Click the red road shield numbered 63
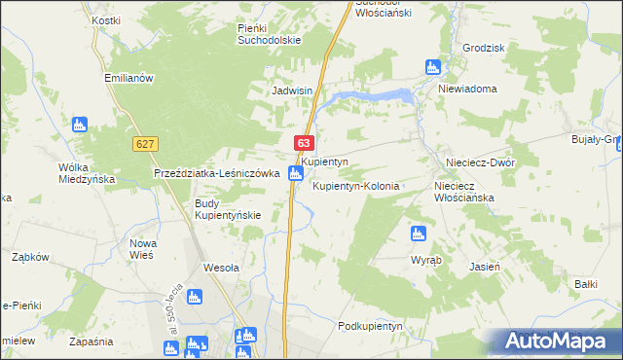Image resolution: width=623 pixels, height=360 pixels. (304, 143)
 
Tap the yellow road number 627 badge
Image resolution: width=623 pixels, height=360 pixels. (145, 143)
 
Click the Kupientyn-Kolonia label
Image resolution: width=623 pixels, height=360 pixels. (356, 185)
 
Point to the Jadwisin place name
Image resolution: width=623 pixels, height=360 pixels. (291, 90)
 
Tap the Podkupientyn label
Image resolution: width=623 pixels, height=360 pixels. (370, 326)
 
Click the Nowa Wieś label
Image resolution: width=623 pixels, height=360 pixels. (144, 249)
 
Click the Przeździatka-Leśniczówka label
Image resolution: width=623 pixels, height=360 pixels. (217, 173)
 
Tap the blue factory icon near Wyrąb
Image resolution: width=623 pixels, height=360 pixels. (418, 233)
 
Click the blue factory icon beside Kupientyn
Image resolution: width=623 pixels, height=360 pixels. (296, 173)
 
